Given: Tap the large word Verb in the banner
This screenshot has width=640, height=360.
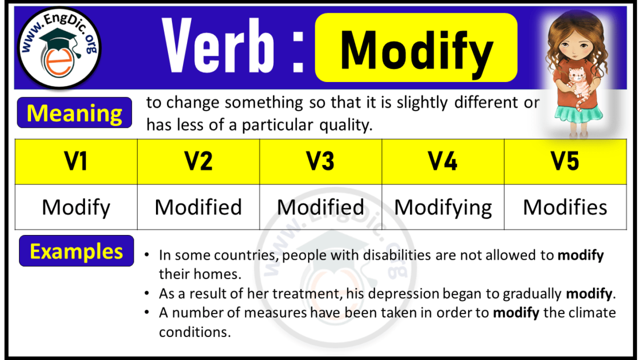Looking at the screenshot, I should (x=218, y=47).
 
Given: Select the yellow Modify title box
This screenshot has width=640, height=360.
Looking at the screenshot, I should (x=416, y=48).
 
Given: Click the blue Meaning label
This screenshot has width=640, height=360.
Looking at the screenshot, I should (x=75, y=113).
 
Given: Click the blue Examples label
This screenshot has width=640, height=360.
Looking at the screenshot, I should (x=76, y=252).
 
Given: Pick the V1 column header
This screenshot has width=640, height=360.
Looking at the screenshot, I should (x=76, y=162).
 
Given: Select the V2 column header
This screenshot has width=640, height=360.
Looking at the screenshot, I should (x=198, y=162).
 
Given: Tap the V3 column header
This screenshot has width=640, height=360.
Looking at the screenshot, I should (x=321, y=162).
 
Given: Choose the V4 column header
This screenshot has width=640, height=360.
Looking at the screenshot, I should (x=443, y=162).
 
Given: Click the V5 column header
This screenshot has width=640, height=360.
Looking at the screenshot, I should (x=565, y=162).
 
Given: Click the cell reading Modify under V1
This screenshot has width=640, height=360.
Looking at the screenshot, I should (x=76, y=207).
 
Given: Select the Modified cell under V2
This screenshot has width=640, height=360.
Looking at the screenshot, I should (x=198, y=207).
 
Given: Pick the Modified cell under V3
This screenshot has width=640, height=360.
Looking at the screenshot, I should (x=321, y=207).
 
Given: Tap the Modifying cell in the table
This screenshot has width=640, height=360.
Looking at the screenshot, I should (x=443, y=207).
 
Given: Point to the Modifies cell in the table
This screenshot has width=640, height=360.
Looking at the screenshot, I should (x=565, y=207).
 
